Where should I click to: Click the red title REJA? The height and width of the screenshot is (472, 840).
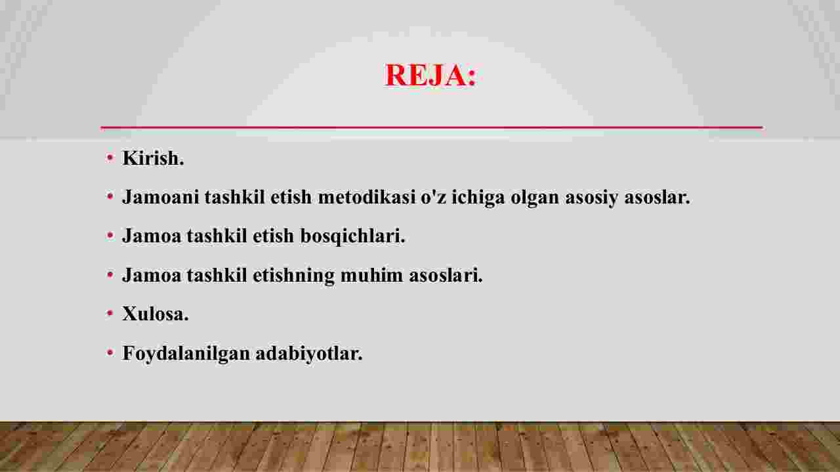[430, 75]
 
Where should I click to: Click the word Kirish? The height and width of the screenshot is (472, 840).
[153, 158]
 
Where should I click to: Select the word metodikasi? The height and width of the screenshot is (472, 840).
[367, 197]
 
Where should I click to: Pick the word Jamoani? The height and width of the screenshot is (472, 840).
[161, 197]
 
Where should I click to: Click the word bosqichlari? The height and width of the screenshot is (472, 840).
[352, 237]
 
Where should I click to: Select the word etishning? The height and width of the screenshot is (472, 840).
[293, 276]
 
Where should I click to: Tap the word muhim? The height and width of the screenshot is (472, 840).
[371, 275]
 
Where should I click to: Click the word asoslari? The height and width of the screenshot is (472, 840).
[446, 275]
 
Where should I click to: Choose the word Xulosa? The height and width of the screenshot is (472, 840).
[156, 314]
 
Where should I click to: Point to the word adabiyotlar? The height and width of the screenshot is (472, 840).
[309, 354]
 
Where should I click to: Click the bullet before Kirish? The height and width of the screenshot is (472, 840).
[110, 158]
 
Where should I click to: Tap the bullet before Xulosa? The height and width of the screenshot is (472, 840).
[110, 313]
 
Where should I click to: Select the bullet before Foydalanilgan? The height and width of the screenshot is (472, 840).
[110, 353]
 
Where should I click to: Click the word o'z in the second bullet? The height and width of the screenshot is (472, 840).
[434, 197]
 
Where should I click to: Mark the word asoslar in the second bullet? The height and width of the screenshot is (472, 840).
[658, 197]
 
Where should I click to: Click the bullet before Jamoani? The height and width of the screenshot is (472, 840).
[110, 196]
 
